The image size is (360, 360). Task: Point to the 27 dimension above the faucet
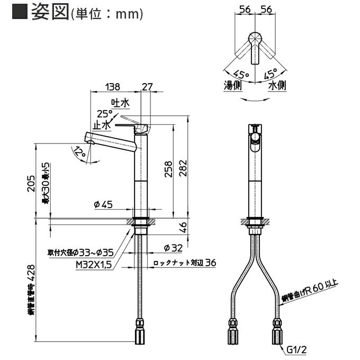click(147, 86)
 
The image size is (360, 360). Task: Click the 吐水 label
click(118, 102)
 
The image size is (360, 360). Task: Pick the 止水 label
click(102, 125)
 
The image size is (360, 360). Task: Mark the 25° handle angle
click(104, 113)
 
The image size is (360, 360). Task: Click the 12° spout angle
click(80, 152)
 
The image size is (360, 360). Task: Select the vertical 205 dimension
click(31, 183)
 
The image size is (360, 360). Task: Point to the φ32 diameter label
click(173, 247)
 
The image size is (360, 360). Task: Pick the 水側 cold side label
click(277, 85)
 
